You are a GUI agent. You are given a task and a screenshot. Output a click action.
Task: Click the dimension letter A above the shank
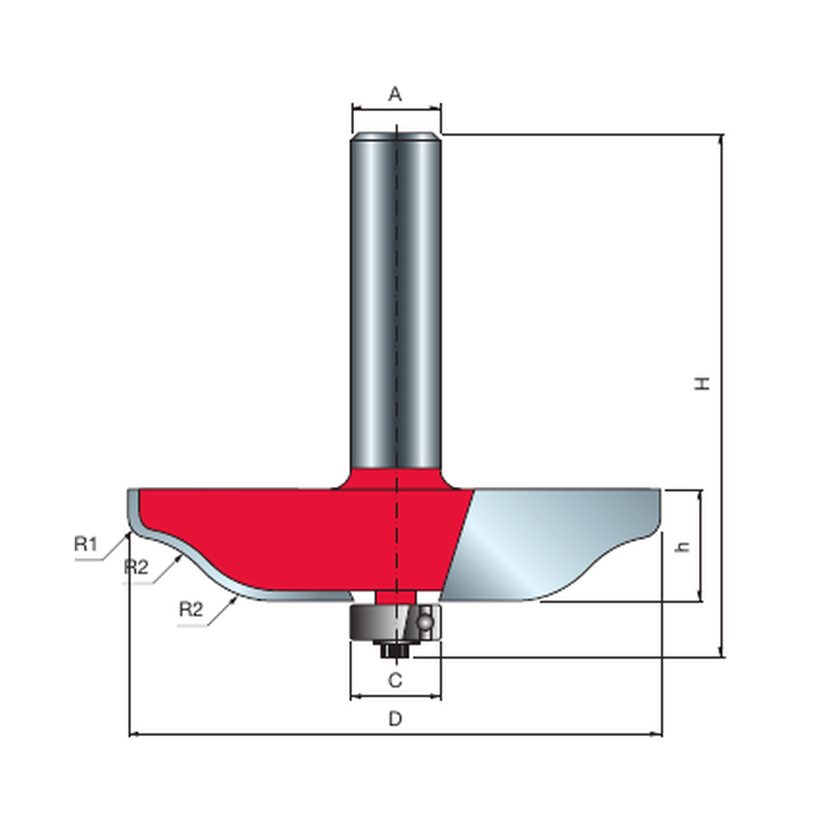[x=395, y=93]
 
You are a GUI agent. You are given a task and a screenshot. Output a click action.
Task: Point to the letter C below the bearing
[x=396, y=680]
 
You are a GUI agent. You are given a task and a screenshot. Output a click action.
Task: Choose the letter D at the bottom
[x=396, y=719]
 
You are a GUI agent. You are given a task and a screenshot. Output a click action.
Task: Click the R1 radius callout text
[x=86, y=544]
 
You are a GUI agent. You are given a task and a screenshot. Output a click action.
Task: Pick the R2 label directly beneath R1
[x=136, y=567]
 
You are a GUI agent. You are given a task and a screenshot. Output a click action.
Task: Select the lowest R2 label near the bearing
[x=191, y=610]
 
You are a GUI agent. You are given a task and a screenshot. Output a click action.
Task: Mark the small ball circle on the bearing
[x=425, y=622]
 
